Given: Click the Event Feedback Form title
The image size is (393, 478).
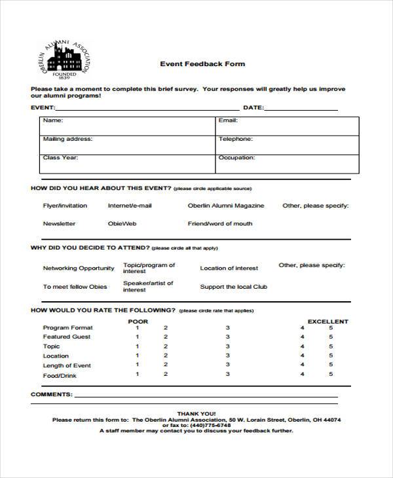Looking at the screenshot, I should [x=202, y=64].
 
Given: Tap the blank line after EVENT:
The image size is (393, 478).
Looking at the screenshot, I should [x=147, y=109].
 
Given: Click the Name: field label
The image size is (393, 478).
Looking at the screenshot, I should [x=53, y=120].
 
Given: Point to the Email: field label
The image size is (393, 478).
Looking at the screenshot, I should [x=227, y=120].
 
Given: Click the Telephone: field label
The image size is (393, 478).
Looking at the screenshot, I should [x=235, y=139].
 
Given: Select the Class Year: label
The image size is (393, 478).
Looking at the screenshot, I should [x=60, y=158].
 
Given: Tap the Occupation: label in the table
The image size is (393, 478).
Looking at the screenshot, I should [x=236, y=158].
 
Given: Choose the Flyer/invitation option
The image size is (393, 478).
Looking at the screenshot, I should [x=65, y=206].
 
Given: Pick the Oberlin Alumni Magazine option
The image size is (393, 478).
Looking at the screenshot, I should [x=226, y=206].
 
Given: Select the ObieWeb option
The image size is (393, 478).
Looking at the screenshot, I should [x=122, y=224].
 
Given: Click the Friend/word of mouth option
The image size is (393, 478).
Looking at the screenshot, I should [x=219, y=224].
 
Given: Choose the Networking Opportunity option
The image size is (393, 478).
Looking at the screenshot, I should [x=79, y=268].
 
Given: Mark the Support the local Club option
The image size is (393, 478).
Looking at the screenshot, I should [x=233, y=287].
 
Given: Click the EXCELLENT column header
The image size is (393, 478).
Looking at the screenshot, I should [x=328, y=322].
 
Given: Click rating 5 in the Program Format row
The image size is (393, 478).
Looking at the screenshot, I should [x=331, y=328].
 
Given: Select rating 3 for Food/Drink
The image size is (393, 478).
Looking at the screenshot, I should [x=227, y=375].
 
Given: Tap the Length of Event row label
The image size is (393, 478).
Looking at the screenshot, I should [x=67, y=365].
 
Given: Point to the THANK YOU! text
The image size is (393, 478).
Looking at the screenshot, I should [x=196, y=414].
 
